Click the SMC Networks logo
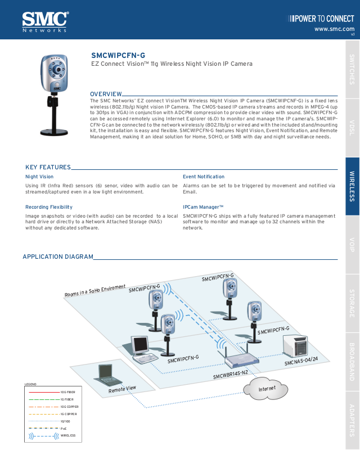tap(45, 21)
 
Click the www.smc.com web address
tap(334, 29)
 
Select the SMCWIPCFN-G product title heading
tap(118, 55)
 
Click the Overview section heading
tap(106, 94)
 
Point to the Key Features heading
tap(48, 167)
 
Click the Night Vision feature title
tap(39, 177)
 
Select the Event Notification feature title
tap(204, 177)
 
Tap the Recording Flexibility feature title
tap(49, 207)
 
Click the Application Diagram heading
tap(58, 257)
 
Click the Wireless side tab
tap(352, 186)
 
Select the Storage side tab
tap(352, 303)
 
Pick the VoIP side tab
tap(352, 245)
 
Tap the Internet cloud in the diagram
tap(267, 389)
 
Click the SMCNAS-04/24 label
tap(301, 359)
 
